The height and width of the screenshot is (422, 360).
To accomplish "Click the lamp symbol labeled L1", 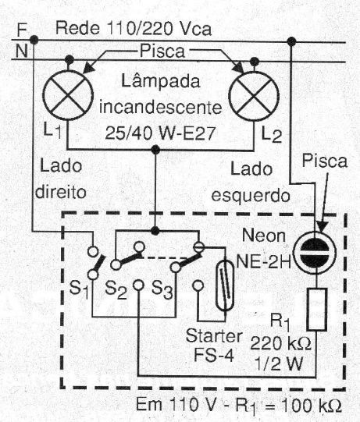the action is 68,95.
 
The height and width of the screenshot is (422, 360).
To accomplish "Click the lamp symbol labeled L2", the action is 254,96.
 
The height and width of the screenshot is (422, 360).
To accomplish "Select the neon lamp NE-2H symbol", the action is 315,253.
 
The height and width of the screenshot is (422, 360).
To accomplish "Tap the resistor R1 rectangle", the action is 317,309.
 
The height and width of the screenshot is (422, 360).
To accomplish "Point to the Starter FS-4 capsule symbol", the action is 225,285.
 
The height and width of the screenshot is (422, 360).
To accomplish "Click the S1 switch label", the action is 79,289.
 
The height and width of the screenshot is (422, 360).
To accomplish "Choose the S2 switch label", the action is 116,290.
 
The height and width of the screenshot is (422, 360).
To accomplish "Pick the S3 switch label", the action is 162,290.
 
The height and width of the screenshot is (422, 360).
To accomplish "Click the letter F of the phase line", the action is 22,30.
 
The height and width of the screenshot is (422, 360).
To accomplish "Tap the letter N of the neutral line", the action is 22,51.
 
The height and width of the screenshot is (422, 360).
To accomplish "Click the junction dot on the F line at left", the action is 34,40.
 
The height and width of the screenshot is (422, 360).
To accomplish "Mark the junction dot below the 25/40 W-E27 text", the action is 155,149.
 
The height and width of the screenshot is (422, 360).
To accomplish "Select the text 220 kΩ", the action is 281,343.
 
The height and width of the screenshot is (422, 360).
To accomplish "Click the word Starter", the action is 214,336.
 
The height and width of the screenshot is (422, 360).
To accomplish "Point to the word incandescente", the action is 161,108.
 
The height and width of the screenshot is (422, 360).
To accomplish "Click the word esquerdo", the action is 251,196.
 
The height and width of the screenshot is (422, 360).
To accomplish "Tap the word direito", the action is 61,192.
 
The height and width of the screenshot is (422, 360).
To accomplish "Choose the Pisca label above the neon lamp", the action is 325,161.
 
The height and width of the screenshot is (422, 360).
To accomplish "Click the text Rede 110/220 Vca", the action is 134,28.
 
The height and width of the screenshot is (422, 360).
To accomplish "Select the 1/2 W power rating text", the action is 279,363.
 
